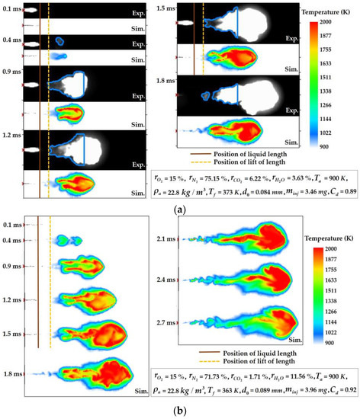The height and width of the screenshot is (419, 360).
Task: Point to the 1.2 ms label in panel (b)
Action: [x=11, y=301]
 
